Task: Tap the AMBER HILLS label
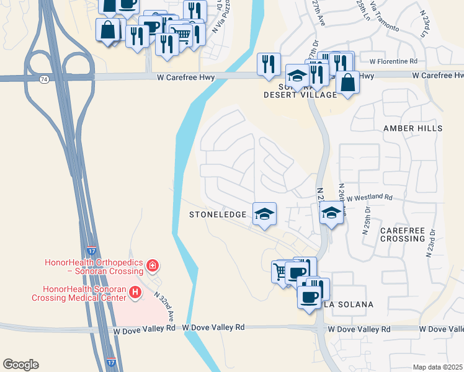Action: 413,128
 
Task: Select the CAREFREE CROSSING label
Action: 403,234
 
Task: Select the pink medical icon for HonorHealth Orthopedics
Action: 153,266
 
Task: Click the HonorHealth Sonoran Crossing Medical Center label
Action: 84,293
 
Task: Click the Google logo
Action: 20,365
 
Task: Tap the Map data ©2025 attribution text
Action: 437,367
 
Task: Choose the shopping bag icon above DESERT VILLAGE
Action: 348,82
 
